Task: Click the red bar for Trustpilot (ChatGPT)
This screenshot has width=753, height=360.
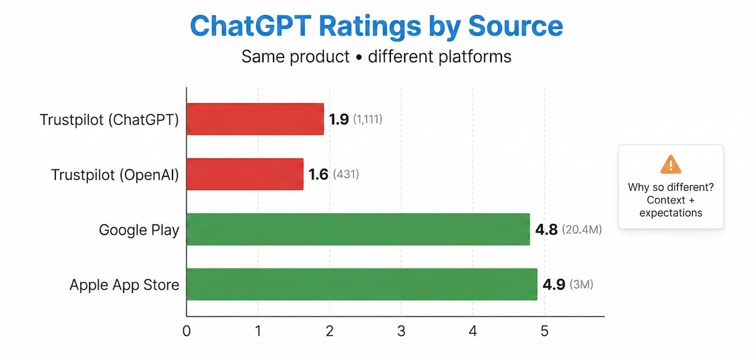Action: (x=255, y=119)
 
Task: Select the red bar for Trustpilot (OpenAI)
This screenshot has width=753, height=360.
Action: (x=245, y=174)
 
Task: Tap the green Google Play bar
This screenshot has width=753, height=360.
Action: (x=358, y=230)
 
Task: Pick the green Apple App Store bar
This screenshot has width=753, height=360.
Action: (x=361, y=285)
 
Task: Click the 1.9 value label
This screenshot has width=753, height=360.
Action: (x=339, y=119)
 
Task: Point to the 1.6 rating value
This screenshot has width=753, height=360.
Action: (x=319, y=174)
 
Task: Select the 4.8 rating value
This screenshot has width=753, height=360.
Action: (x=547, y=230)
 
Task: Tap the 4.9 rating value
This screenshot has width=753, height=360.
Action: (x=553, y=285)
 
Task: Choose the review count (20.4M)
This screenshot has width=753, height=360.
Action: (x=582, y=230)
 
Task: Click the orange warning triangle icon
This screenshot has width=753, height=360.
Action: (x=670, y=164)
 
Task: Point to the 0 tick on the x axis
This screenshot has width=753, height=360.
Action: (x=186, y=331)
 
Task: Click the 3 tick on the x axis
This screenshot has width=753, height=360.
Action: (x=401, y=331)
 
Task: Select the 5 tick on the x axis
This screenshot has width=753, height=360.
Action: (x=544, y=331)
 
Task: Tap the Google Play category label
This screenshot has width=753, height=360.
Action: (x=139, y=230)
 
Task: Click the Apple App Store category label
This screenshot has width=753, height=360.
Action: (x=124, y=285)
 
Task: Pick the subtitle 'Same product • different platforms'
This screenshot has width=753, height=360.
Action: (x=376, y=56)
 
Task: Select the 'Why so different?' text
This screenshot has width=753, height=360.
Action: (x=670, y=187)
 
